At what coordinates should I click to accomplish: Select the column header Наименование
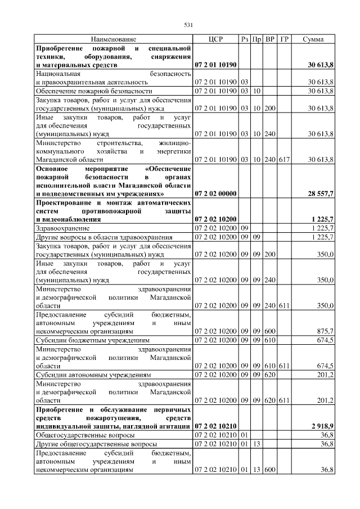114,39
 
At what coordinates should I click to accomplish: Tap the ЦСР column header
215,39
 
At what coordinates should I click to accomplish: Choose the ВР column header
270,39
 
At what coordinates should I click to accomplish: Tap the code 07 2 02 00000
215,193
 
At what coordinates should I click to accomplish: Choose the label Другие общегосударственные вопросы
96,444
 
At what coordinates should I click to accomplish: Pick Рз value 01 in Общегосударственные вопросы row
245,435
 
